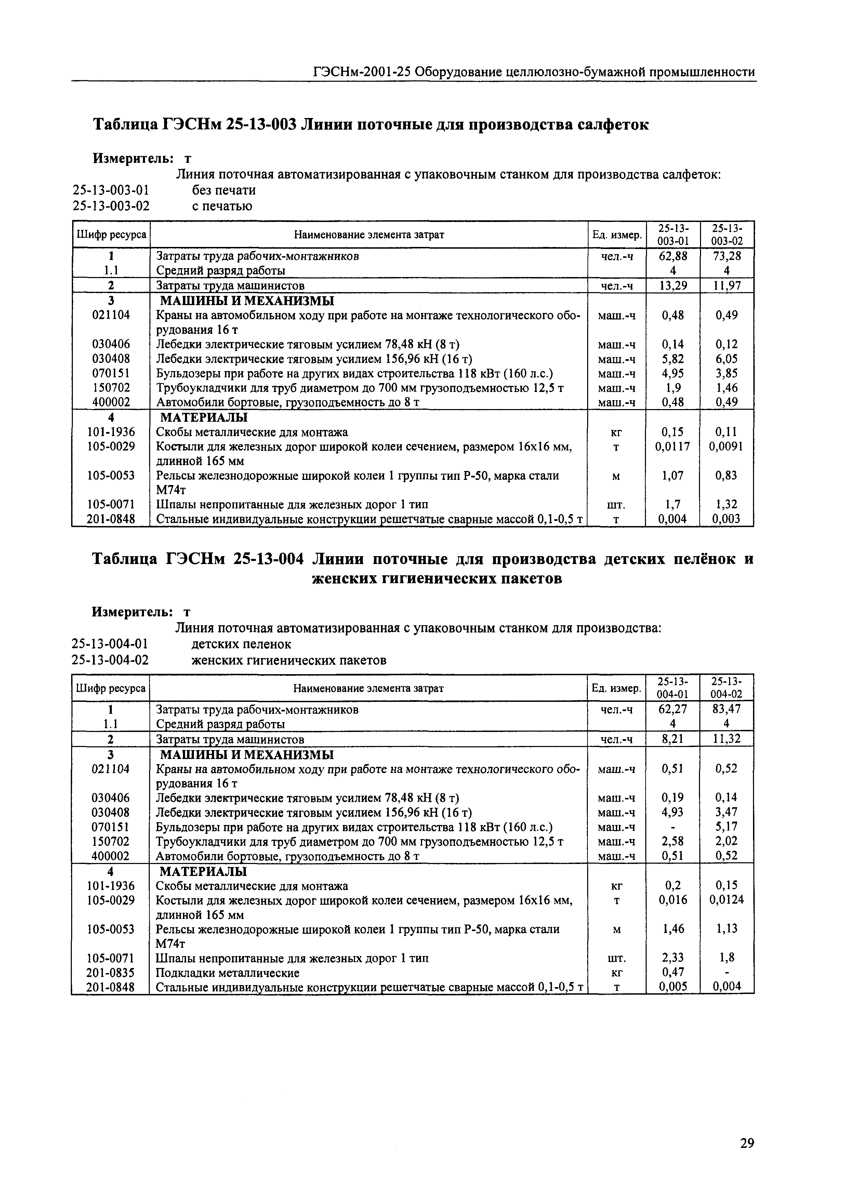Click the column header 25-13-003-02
tap(727, 235)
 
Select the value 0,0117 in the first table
tap(673, 446)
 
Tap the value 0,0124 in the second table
tap(726, 900)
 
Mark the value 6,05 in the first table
tap(727, 359)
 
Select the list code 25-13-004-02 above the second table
tap(110, 660)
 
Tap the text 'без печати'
tap(224, 191)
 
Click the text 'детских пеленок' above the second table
tap(241, 644)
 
